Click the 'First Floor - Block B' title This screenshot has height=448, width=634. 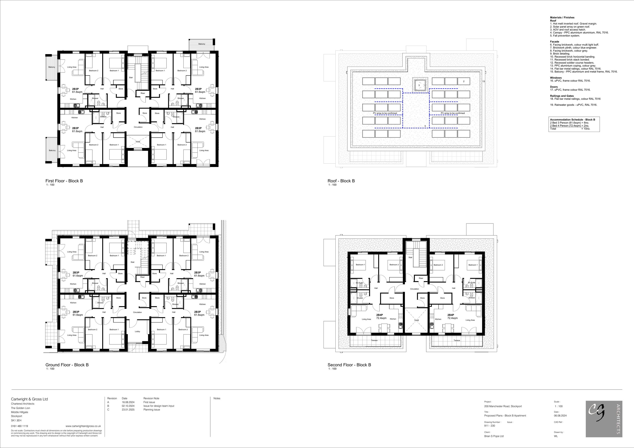coord(64,181)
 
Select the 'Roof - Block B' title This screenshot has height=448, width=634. coord(341,181)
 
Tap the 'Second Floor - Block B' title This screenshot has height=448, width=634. coord(349,365)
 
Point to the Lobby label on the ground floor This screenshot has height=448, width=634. coord(138,332)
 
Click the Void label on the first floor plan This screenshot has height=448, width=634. coord(138,142)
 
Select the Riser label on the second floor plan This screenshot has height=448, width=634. coord(421,278)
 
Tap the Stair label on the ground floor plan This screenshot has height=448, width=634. coord(133,262)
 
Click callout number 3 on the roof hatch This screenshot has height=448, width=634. coord(419,85)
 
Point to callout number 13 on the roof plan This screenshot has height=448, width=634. coord(484,81)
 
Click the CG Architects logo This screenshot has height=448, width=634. coord(604,419)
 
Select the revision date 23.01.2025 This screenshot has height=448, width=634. coord(128,410)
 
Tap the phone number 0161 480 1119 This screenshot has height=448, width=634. coord(19,426)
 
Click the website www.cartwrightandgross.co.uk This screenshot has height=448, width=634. coord(83,426)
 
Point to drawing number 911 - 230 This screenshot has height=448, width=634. coord(490,426)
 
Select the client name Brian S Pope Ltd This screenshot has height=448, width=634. coord(494,436)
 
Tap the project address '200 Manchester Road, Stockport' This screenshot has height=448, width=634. coord(503,406)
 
